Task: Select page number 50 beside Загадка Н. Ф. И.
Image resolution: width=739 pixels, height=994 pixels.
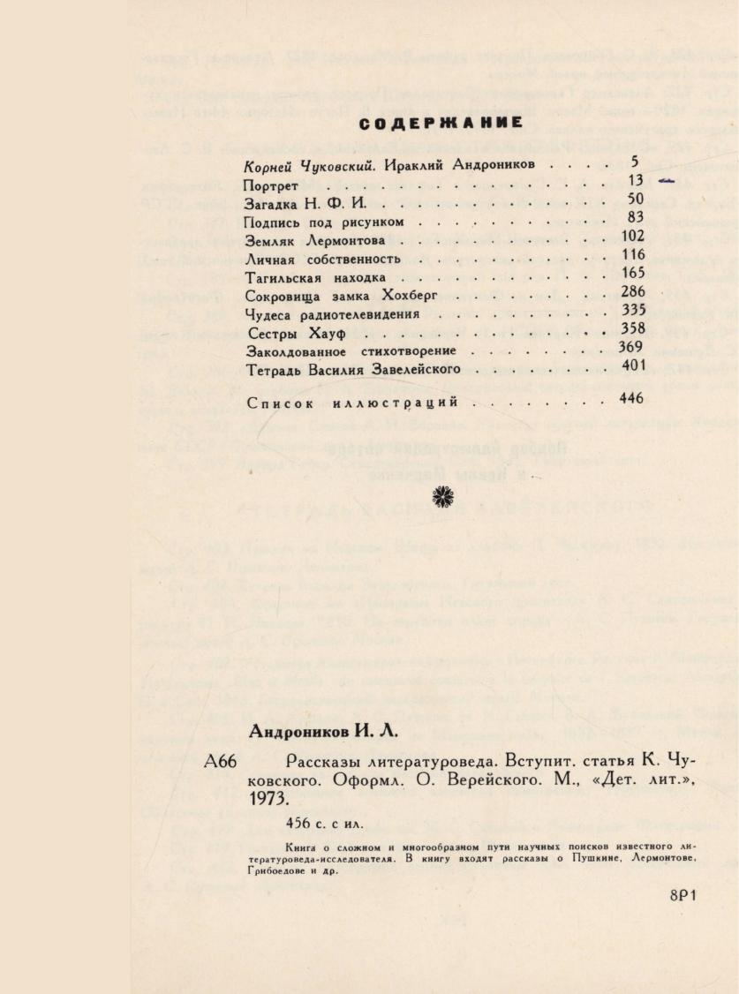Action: [x=635, y=200]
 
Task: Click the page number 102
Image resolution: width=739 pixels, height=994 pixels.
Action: [x=633, y=236]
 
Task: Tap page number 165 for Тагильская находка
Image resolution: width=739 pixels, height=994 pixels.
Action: [x=634, y=273]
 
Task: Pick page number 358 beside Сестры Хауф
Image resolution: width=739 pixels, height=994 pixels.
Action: [x=633, y=328]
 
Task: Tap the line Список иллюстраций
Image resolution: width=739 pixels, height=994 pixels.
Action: [x=352, y=403]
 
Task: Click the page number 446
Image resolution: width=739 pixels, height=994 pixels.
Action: [x=632, y=398]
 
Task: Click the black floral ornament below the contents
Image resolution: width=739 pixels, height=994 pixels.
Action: [x=441, y=497]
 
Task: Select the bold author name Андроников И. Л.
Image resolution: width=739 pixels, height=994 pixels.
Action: [x=324, y=731]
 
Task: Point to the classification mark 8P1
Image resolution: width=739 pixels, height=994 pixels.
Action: [x=683, y=893]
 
